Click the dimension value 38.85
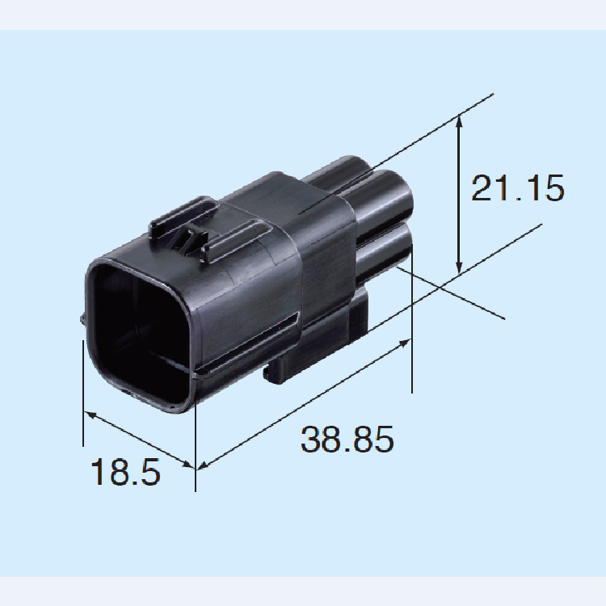[x=347, y=439]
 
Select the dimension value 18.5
[x=125, y=472]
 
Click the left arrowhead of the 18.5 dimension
[x=90, y=415]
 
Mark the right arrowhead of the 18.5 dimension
[x=187, y=464]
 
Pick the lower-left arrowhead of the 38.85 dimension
[x=204, y=465]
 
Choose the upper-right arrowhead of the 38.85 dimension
[x=404, y=343]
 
